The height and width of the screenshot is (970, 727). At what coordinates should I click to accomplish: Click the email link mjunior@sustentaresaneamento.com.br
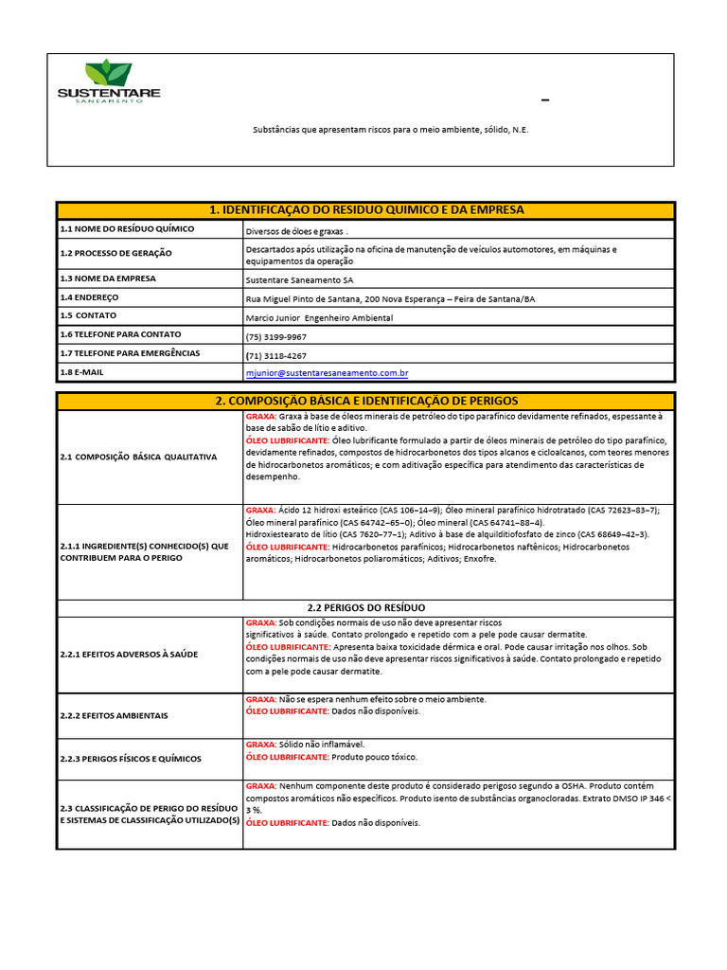click(327, 374)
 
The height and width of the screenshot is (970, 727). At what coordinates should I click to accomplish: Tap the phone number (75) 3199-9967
click(275, 336)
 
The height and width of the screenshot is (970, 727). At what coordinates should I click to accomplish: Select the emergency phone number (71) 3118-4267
click(275, 355)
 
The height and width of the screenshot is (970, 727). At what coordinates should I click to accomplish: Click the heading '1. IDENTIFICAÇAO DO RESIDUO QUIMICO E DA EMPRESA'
click(365, 209)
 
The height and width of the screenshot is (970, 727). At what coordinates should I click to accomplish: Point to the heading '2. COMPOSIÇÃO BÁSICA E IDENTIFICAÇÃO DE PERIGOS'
click(365, 402)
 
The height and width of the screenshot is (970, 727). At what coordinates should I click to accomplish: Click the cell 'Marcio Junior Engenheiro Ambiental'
click(318, 317)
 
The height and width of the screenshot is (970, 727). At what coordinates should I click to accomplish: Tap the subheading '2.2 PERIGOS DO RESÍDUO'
click(365, 606)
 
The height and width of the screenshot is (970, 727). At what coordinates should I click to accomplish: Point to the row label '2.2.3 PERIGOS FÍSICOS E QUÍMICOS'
click(130, 759)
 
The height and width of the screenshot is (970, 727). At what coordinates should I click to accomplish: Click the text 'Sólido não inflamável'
click(322, 745)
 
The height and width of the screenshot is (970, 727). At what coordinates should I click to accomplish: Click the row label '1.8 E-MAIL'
click(82, 372)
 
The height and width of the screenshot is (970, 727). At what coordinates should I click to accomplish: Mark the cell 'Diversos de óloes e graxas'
click(296, 230)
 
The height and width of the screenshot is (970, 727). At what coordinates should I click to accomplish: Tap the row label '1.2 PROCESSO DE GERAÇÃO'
click(115, 254)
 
